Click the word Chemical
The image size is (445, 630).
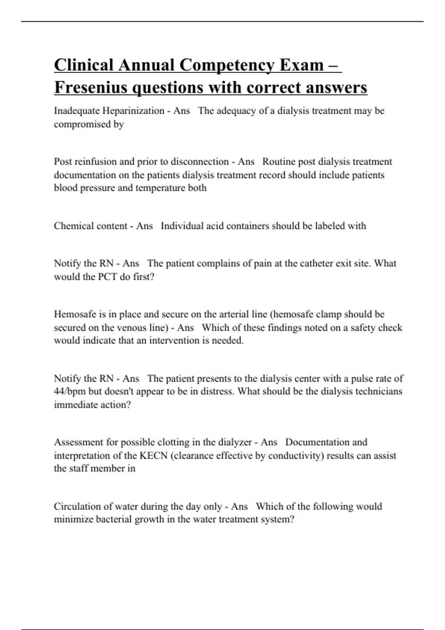click(x=71, y=226)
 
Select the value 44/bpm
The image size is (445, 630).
click(x=70, y=392)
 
